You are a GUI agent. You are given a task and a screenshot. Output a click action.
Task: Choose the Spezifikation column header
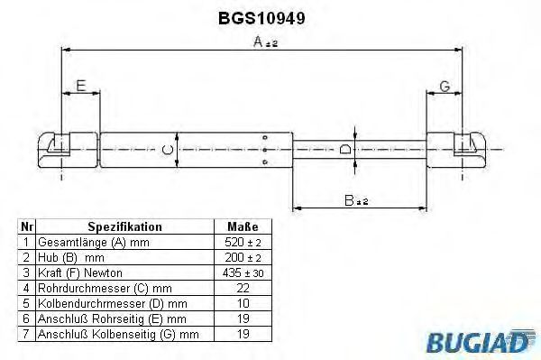coord(124,227)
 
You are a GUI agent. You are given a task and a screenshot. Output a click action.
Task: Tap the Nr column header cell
coord(27,227)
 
